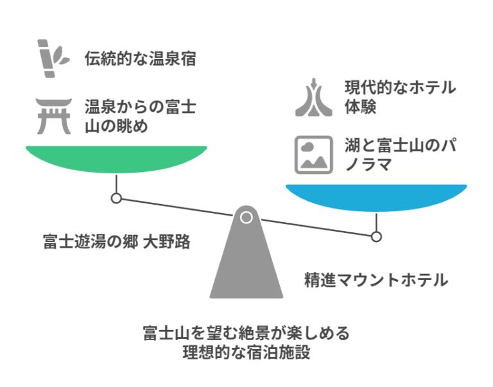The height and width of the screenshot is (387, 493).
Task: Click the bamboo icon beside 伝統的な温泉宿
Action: [x=53, y=58]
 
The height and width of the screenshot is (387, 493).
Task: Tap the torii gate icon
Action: [x=53, y=116]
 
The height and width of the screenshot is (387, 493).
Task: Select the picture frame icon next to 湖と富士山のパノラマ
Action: [x=313, y=155]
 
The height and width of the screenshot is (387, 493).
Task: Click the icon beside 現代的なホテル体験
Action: [x=313, y=97]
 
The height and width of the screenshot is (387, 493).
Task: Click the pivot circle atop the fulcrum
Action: [x=246, y=217]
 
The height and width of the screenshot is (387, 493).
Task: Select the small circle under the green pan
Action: [x=116, y=198]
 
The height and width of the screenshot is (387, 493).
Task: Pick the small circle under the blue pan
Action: [x=376, y=236]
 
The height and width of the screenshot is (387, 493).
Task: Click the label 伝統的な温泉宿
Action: [x=141, y=59]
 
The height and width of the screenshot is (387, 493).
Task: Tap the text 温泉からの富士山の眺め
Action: [x=141, y=116]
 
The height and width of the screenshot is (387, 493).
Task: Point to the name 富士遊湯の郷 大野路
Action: [x=116, y=242]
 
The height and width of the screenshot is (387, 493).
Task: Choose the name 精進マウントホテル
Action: [x=376, y=280]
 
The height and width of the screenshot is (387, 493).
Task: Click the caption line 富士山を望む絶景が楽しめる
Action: [x=246, y=333]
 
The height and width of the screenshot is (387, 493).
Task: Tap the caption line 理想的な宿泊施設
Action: [x=246, y=352]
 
